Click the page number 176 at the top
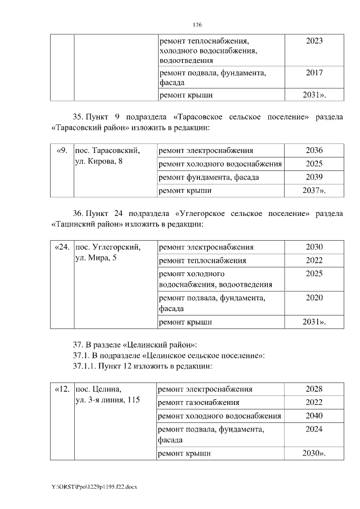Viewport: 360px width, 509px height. [197, 25]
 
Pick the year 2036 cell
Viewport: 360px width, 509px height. [314, 151]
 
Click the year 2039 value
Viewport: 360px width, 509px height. [314, 178]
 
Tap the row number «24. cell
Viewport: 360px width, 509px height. [62, 247]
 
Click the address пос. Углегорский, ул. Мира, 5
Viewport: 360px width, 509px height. [108, 253]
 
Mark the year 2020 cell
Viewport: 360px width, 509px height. [314, 298]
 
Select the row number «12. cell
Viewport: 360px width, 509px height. [62, 389]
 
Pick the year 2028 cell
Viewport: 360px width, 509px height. [314, 389]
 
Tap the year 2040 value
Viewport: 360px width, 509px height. [314, 416]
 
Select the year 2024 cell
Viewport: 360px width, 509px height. [314, 430]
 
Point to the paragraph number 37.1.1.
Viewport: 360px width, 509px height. [84, 366]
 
